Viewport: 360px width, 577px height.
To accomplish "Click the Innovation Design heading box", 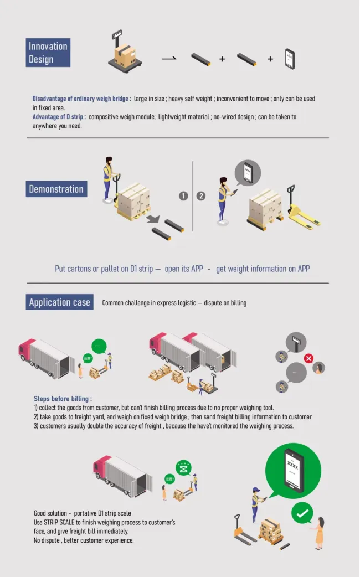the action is tap(48, 53).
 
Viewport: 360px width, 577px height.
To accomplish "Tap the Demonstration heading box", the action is tap(56, 189).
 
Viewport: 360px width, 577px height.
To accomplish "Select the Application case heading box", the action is tap(59, 302).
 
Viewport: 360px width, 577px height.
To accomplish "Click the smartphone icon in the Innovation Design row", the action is tap(290, 59).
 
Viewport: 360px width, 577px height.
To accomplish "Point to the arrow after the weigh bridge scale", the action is tap(169, 58).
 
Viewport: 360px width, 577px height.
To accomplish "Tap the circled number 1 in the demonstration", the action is tap(183, 196).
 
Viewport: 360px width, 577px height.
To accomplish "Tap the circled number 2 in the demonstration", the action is tap(201, 196).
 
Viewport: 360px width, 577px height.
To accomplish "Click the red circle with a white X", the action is tap(308, 358).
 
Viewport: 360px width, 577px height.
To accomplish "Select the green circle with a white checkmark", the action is tap(302, 513).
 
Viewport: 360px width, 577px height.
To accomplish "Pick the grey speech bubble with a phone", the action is tap(248, 173).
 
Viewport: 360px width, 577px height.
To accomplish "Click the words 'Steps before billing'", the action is tap(63, 399).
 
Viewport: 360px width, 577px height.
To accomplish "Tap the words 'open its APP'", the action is tap(184, 269).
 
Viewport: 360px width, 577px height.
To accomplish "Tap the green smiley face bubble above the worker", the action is tap(183, 468).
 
